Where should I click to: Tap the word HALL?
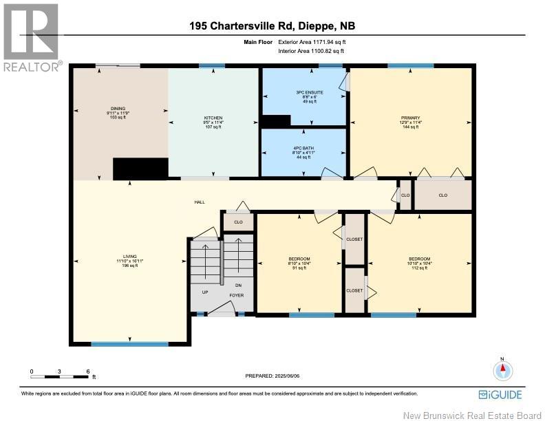[x=200, y=202]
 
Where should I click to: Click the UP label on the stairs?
[x=204, y=292]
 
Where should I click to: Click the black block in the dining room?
[x=140, y=169]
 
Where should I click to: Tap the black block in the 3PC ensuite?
[x=277, y=121]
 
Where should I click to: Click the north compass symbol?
[x=503, y=369]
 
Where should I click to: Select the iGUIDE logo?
[x=500, y=395]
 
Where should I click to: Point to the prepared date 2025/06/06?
[x=272, y=376]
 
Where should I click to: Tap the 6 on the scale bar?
[x=88, y=371]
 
